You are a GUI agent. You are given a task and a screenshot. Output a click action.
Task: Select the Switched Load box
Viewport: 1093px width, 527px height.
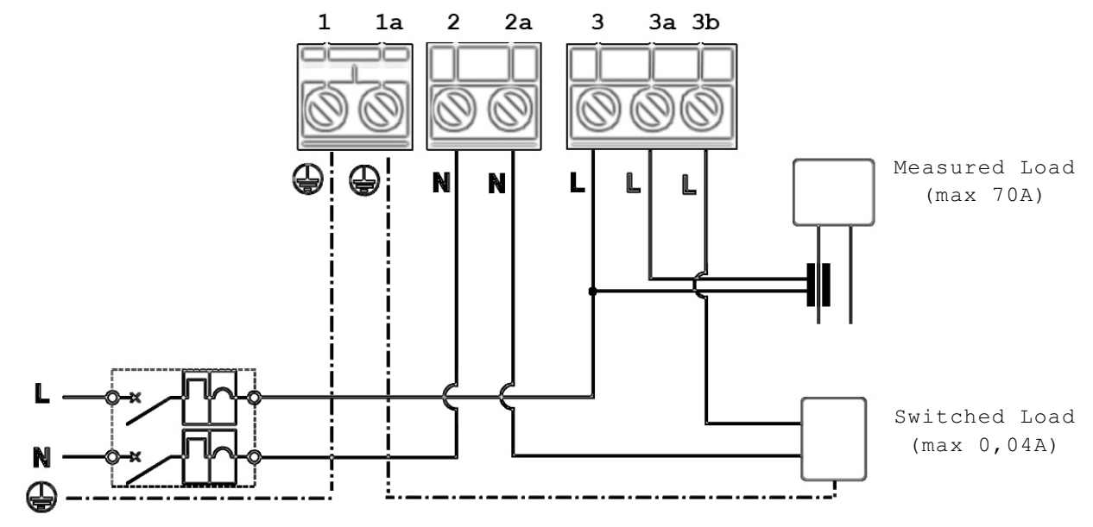pos(832,437)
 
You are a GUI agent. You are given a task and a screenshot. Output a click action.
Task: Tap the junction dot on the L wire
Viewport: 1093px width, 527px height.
pos(592,292)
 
